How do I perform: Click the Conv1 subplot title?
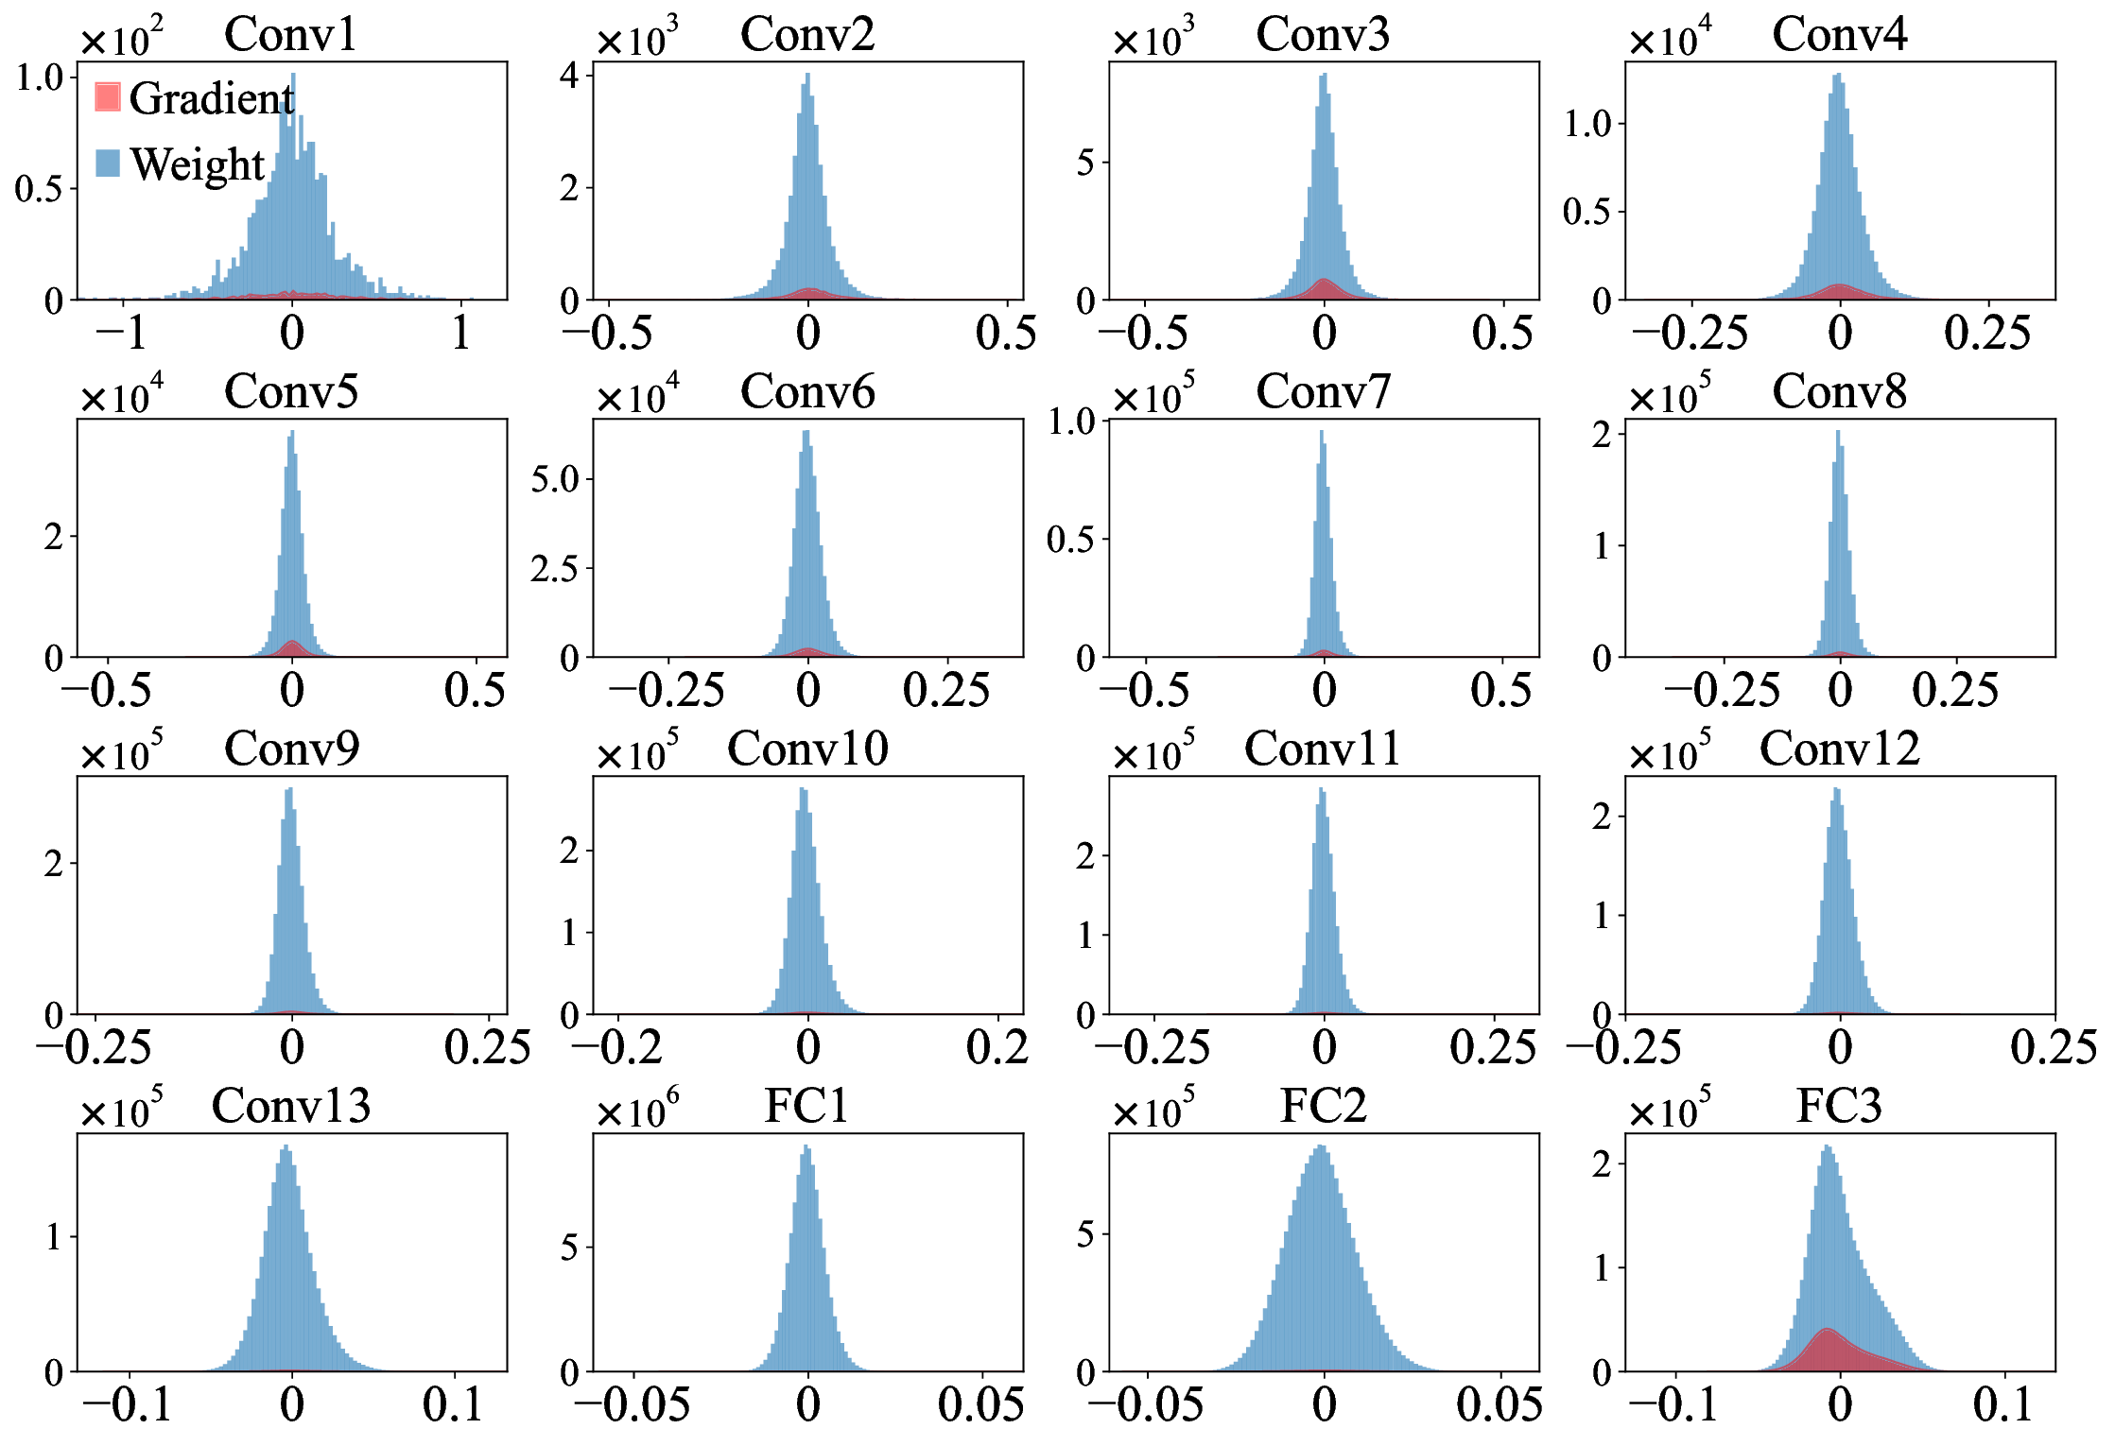coord(290,35)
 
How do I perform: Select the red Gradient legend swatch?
coord(108,97)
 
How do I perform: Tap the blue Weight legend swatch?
coord(108,164)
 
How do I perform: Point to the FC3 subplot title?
coord(1839,1106)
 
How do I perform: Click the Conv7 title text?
coord(1323,392)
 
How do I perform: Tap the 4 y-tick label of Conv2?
coord(568,76)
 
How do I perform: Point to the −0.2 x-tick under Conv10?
coord(617,1047)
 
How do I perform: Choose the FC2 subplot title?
coord(1323,1106)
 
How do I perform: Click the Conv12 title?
coord(1839,749)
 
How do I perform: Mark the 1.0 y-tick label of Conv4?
coord(1587,123)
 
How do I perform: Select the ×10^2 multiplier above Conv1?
coord(121,40)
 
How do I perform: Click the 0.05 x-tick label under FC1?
coord(980,1404)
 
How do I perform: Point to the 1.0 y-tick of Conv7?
coord(1071,422)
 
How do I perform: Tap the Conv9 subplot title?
coord(291,749)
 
